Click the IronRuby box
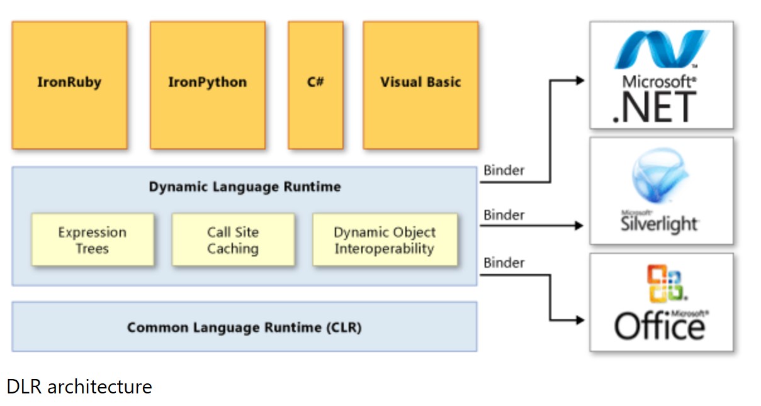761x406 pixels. (69, 85)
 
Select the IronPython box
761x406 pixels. (207, 85)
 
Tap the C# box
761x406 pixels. (315, 85)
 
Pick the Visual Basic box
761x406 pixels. (420, 85)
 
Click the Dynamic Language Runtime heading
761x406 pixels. (245, 187)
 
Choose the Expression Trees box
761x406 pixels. (93, 240)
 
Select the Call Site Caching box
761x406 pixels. (233, 240)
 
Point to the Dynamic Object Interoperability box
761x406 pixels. (385, 240)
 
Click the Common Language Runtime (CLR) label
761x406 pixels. (244, 327)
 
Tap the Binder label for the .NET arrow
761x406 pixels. (504, 170)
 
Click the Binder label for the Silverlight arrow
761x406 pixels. (504, 215)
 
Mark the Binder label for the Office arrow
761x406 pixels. (504, 263)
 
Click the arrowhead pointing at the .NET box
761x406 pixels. (580, 80)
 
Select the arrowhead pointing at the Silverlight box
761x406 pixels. (580, 225)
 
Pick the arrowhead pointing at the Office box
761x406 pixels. (580, 320)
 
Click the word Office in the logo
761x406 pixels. (660, 326)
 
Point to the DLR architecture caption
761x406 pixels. (79, 386)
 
